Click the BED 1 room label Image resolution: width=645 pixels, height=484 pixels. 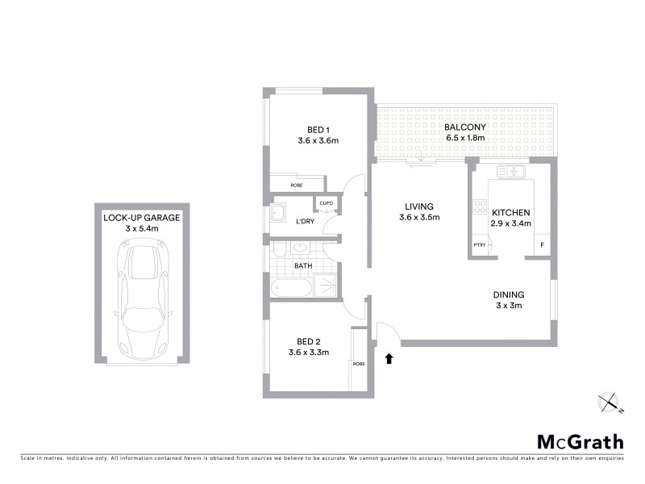(318, 130)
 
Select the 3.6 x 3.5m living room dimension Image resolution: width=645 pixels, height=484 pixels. (420, 217)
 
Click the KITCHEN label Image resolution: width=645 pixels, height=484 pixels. (512, 212)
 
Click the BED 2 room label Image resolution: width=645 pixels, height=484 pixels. (309, 340)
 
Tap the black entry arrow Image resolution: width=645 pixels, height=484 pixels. (389, 357)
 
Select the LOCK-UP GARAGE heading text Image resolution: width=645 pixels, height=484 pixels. (141, 218)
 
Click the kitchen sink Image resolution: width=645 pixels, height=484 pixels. (511, 171)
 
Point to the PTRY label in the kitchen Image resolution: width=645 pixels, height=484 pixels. (479, 244)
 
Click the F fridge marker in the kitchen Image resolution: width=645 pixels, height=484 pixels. (541, 244)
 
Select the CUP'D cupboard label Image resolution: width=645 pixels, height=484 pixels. (327, 202)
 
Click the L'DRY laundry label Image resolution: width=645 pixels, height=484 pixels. (305, 221)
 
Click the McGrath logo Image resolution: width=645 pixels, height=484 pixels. (580, 441)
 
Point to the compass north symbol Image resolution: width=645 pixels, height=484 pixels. (608, 401)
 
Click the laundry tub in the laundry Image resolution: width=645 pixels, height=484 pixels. (278, 213)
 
